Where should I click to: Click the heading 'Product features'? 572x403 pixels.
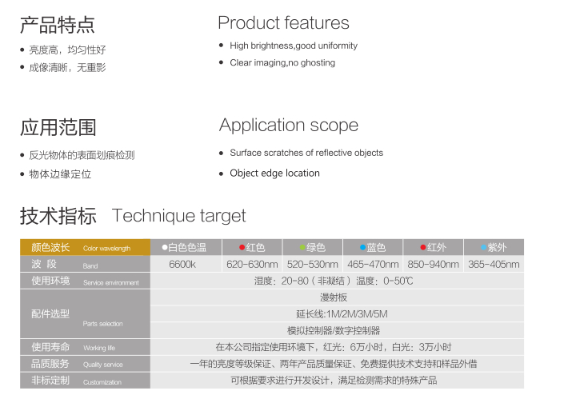pos(283,22)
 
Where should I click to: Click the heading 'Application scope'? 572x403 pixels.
pos(289,126)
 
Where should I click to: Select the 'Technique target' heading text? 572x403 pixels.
pos(179,216)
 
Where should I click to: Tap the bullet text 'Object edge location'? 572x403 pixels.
pos(274,174)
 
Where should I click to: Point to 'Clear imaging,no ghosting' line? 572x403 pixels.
pos(282,63)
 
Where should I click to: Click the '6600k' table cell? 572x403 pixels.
pos(182,264)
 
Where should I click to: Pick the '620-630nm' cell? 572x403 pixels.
pos(252,264)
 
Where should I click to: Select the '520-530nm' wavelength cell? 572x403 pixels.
pos(313,264)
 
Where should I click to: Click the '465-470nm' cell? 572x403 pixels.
pos(373,264)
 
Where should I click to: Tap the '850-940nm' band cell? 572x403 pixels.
pos(434,264)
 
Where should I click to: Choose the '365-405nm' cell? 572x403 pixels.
pos(494,264)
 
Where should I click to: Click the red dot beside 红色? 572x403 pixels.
pos(242,247)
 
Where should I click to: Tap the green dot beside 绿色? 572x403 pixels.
pos(302,247)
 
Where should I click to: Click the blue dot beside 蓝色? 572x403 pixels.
pos(362,247)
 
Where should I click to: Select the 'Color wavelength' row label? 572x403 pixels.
pos(106,249)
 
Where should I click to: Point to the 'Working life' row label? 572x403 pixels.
pos(99,348)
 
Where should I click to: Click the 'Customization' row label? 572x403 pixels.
pos(102,382)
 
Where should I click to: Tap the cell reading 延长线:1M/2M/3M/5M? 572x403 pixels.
pos(342,314)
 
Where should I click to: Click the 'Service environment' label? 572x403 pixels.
pos(111,282)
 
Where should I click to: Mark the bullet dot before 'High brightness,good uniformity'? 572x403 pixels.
pos(221,46)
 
